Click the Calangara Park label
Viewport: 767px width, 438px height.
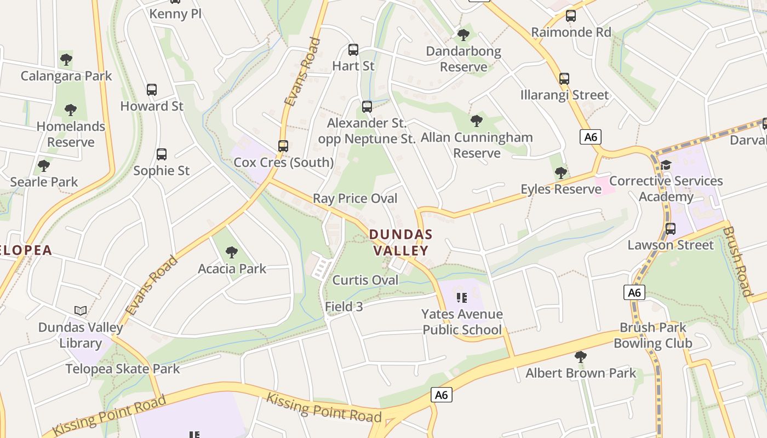(66, 76)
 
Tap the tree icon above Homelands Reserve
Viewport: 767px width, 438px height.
(71, 110)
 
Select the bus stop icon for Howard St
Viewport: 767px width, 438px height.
(152, 90)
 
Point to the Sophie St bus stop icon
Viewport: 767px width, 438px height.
(161, 154)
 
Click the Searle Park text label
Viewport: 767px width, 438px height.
(44, 182)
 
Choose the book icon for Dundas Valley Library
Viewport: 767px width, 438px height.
(81, 311)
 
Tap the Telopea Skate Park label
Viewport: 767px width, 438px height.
(123, 368)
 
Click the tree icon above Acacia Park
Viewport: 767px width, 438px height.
(232, 252)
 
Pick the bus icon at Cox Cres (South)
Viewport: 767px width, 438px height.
(283, 146)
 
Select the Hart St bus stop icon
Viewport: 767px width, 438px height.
(353, 50)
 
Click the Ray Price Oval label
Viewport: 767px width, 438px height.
(355, 198)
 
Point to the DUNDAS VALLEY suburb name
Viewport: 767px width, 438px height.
(400, 243)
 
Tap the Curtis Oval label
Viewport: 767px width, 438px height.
(365, 280)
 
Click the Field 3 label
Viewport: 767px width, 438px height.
(344, 307)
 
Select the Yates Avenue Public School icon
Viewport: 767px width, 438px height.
(462, 298)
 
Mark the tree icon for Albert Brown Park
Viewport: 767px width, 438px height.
(581, 358)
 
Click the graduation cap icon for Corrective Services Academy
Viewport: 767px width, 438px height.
(666, 165)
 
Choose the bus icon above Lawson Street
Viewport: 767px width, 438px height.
(671, 229)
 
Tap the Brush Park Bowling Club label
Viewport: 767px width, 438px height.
(652, 335)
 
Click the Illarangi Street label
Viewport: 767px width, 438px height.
(564, 95)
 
